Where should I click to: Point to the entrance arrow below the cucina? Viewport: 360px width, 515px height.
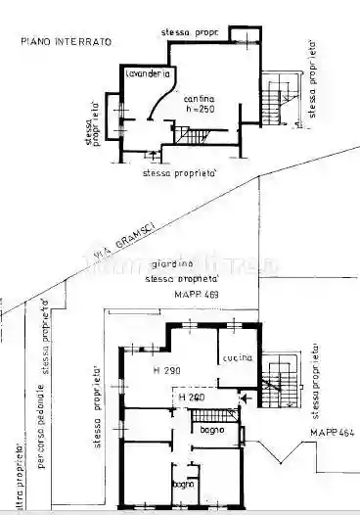point(244,398)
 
